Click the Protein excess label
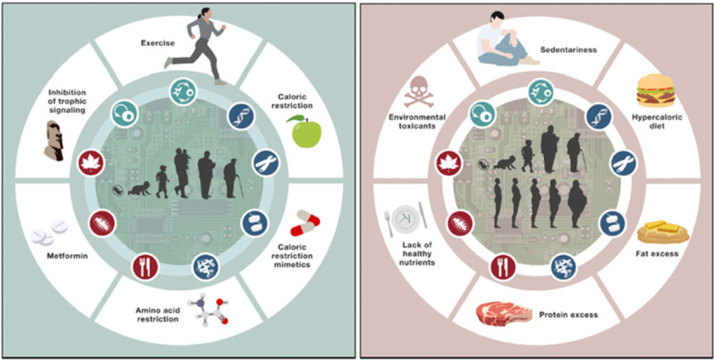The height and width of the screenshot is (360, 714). [568, 315]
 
